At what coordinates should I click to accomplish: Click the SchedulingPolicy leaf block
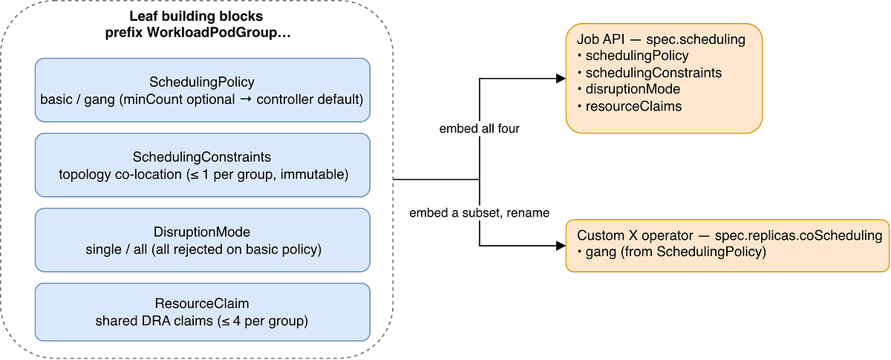[203, 91]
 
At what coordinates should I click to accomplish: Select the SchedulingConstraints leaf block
[203, 165]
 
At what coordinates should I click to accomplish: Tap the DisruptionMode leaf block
[203, 240]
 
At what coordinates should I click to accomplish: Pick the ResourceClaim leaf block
[203, 312]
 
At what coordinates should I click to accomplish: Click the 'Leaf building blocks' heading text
[196, 16]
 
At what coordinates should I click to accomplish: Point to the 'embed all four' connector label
[480, 128]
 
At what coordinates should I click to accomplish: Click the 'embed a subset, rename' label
[480, 213]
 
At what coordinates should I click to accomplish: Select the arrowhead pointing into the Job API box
[561, 79]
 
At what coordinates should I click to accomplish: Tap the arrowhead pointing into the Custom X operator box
[561, 246]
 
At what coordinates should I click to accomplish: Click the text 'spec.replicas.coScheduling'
[798, 235]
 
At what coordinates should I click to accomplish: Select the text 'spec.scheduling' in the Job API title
[696, 39]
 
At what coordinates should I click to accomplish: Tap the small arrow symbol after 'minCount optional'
[246, 99]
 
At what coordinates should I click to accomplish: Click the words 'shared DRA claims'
[154, 321]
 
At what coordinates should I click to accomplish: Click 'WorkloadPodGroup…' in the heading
[219, 33]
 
